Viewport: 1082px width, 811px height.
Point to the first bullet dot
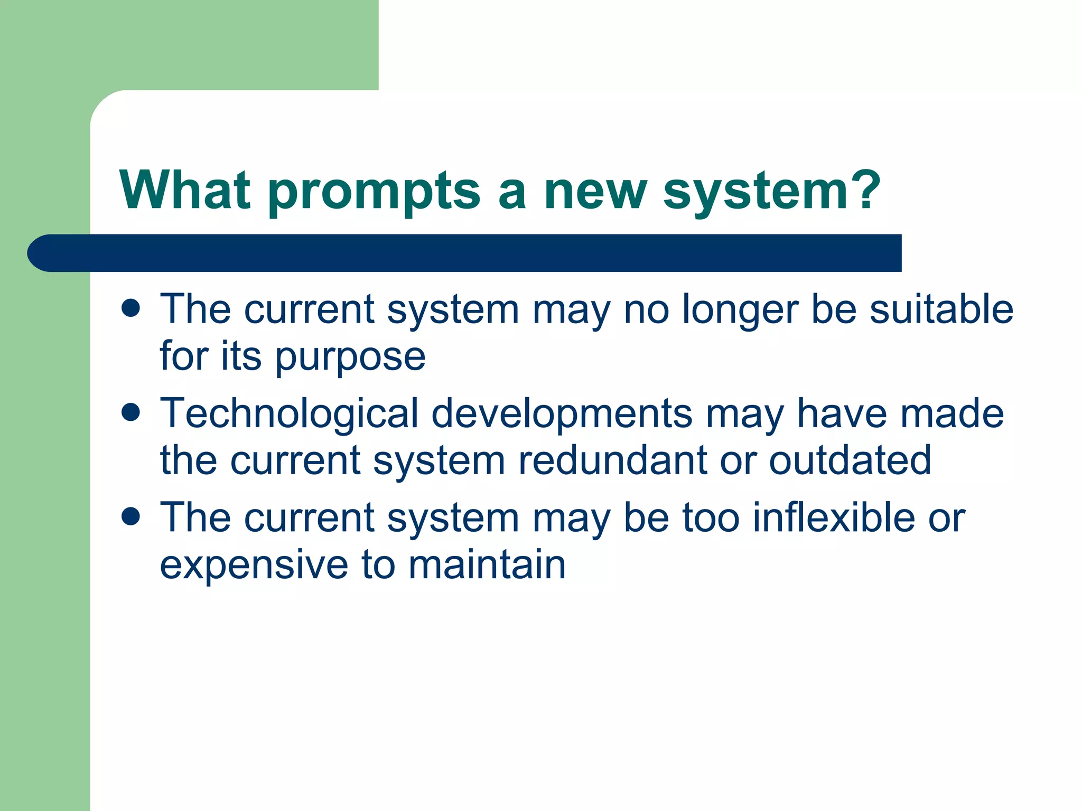[x=130, y=308]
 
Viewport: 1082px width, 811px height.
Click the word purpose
[x=350, y=358]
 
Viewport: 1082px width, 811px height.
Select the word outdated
[x=850, y=460]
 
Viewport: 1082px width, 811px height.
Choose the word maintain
[x=487, y=565]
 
